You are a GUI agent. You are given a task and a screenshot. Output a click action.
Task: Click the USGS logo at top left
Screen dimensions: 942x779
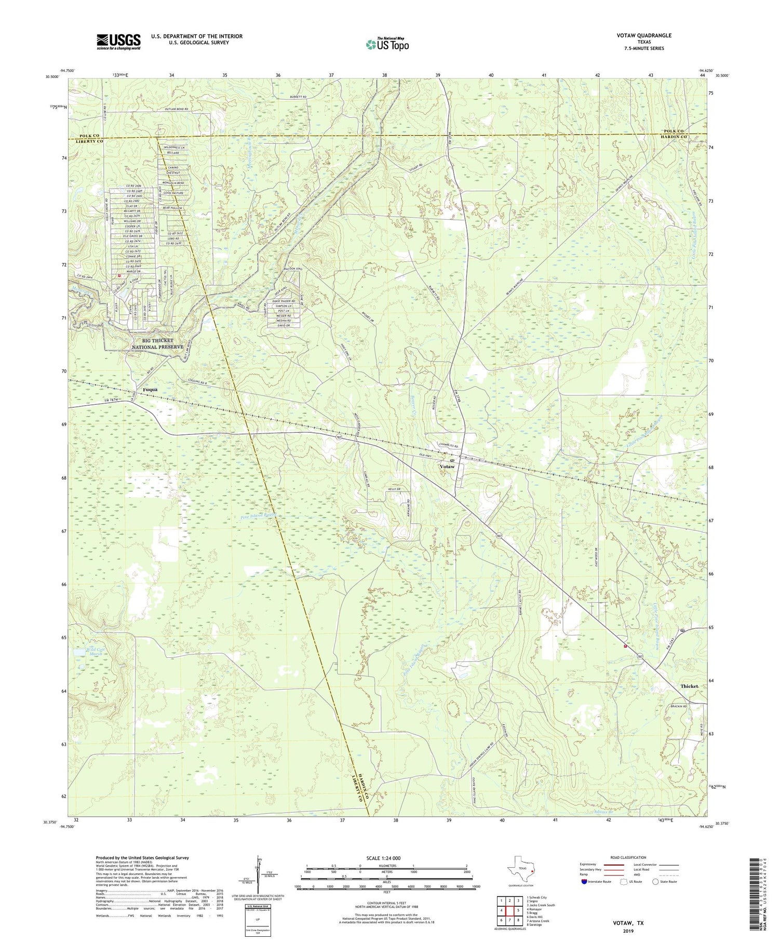coord(118,42)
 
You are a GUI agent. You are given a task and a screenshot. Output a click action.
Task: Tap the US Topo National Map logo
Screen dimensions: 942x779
coord(387,44)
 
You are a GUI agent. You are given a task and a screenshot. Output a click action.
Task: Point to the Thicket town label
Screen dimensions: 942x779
coord(690,686)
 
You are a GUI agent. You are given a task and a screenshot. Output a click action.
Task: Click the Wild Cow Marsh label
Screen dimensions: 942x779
coord(84,652)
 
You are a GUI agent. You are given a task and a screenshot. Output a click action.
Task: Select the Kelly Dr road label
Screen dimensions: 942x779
coord(394,489)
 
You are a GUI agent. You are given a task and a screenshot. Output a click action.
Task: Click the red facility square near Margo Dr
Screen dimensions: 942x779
coord(119,276)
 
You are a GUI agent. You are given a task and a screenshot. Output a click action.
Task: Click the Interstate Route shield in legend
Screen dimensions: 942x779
coord(585,882)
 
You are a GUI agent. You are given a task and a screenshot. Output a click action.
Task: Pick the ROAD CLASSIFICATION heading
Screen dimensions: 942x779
coord(628,857)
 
